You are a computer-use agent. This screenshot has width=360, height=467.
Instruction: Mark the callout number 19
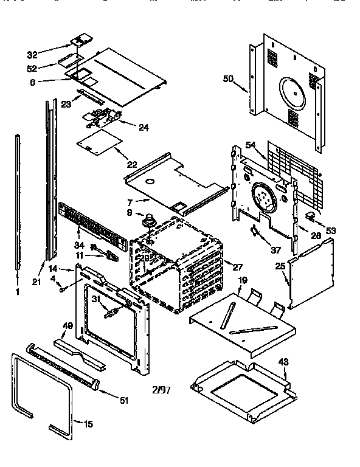pos(243,281)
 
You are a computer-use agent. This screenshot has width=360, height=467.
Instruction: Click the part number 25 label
pos(279,266)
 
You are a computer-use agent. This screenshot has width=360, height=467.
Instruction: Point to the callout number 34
pos(80,245)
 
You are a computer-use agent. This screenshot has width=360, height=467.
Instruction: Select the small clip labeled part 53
pos(310,215)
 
